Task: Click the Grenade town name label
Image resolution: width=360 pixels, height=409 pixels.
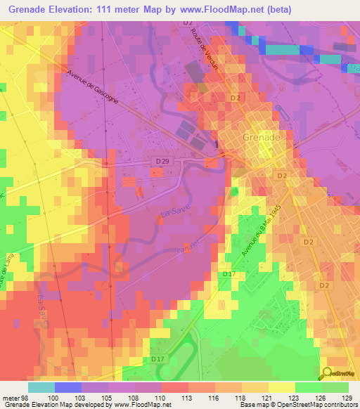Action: (x=261, y=138)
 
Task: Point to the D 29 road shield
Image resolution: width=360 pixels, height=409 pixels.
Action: (x=161, y=162)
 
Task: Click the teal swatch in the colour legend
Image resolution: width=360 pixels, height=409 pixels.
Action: (x=41, y=387)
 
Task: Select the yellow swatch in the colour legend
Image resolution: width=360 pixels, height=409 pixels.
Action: (x=281, y=387)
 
